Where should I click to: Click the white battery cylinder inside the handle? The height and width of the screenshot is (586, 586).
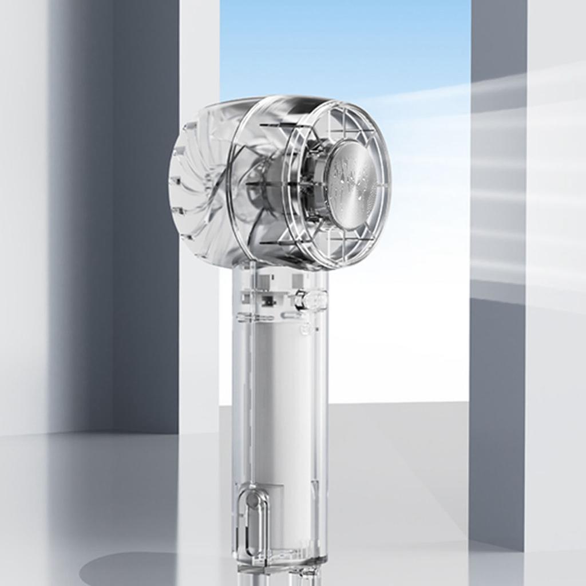click(280, 401)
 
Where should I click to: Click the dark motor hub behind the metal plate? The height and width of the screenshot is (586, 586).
click(312, 183)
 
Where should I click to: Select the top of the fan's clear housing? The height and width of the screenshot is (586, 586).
click(269, 103)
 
